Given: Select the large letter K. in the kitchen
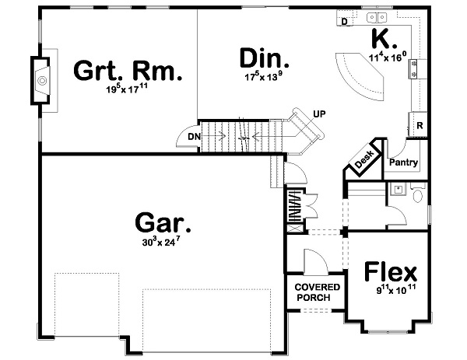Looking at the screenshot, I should click(385, 37).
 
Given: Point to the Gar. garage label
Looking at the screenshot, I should click(163, 224).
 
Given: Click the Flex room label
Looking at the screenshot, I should click(391, 274).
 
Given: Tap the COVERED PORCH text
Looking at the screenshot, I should click(314, 292).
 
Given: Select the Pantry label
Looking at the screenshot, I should click(404, 163).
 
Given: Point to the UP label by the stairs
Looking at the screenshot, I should click(318, 113).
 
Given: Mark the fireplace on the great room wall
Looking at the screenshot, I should click(40, 79).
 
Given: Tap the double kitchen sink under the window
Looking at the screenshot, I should click(378, 17).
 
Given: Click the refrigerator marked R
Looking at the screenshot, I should click(420, 125).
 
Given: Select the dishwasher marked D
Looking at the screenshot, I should click(345, 21).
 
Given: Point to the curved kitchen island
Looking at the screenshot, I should click(362, 74).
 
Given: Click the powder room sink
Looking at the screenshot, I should click(398, 189).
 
